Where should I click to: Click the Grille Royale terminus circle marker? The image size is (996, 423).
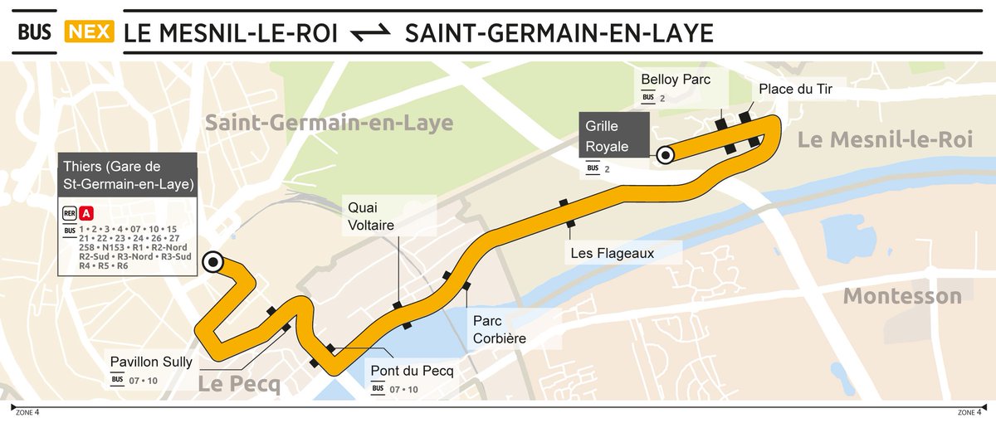point(664,154)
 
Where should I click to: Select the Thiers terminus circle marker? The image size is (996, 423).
point(213,262)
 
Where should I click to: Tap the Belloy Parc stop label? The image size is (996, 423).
point(675,80)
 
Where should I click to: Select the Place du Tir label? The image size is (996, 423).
point(794,89)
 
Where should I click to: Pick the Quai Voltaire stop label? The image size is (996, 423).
point(370,214)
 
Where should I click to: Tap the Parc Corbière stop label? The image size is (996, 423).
point(499,328)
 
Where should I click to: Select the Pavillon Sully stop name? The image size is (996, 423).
point(151,362)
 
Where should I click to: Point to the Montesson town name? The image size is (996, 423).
point(902,296)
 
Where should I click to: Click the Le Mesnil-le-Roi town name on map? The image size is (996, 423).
point(884,140)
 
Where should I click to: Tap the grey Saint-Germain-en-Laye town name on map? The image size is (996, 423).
point(329,124)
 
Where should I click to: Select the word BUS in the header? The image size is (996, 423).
point(35,33)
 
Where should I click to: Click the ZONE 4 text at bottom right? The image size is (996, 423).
point(969,412)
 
